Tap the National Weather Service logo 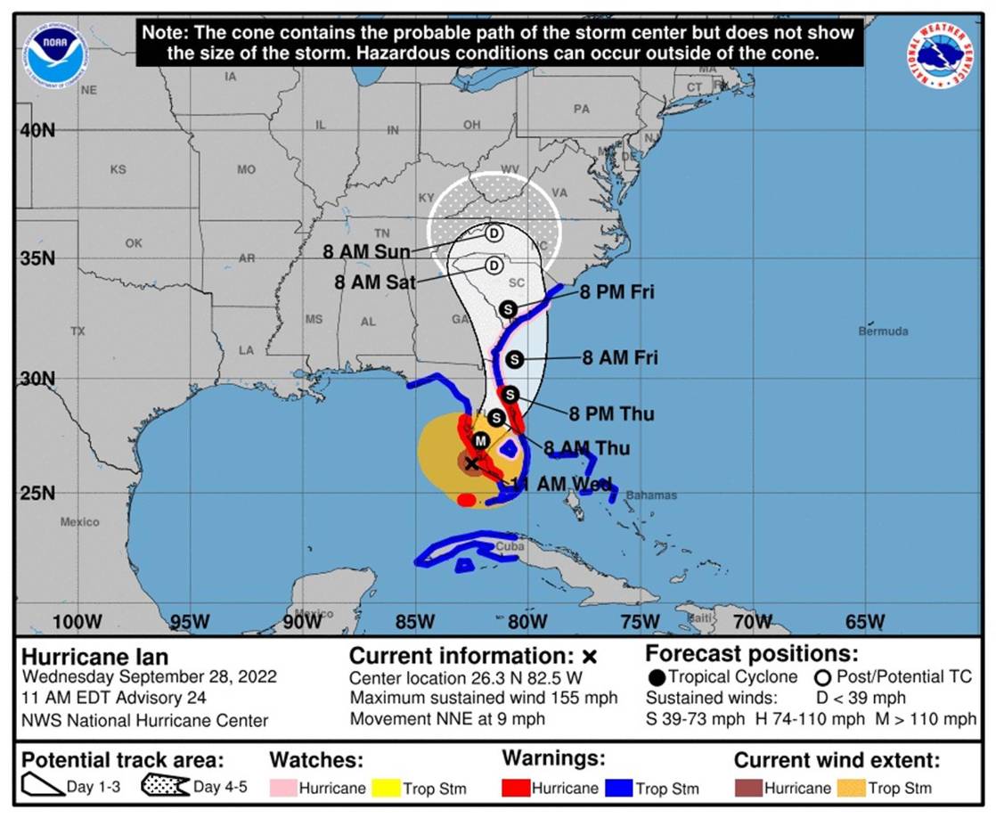click(939, 55)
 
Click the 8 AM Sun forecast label click(367, 252)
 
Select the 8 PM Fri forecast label click(617, 292)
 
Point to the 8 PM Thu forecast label click(611, 413)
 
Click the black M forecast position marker click(481, 440)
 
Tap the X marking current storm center click(471, 462)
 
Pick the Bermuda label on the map click(883, 331)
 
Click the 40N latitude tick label click(37, 130)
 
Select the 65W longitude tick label click(864, 621)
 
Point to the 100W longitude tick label click(78, 621)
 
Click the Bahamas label click(650, 495)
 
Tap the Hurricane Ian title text click(94, 658)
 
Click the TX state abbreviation click(78, 331)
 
